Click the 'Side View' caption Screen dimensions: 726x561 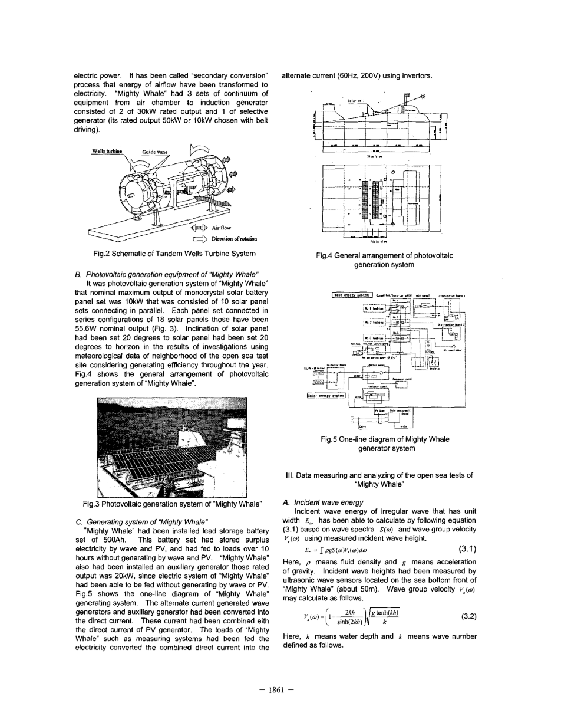pos(384,158)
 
